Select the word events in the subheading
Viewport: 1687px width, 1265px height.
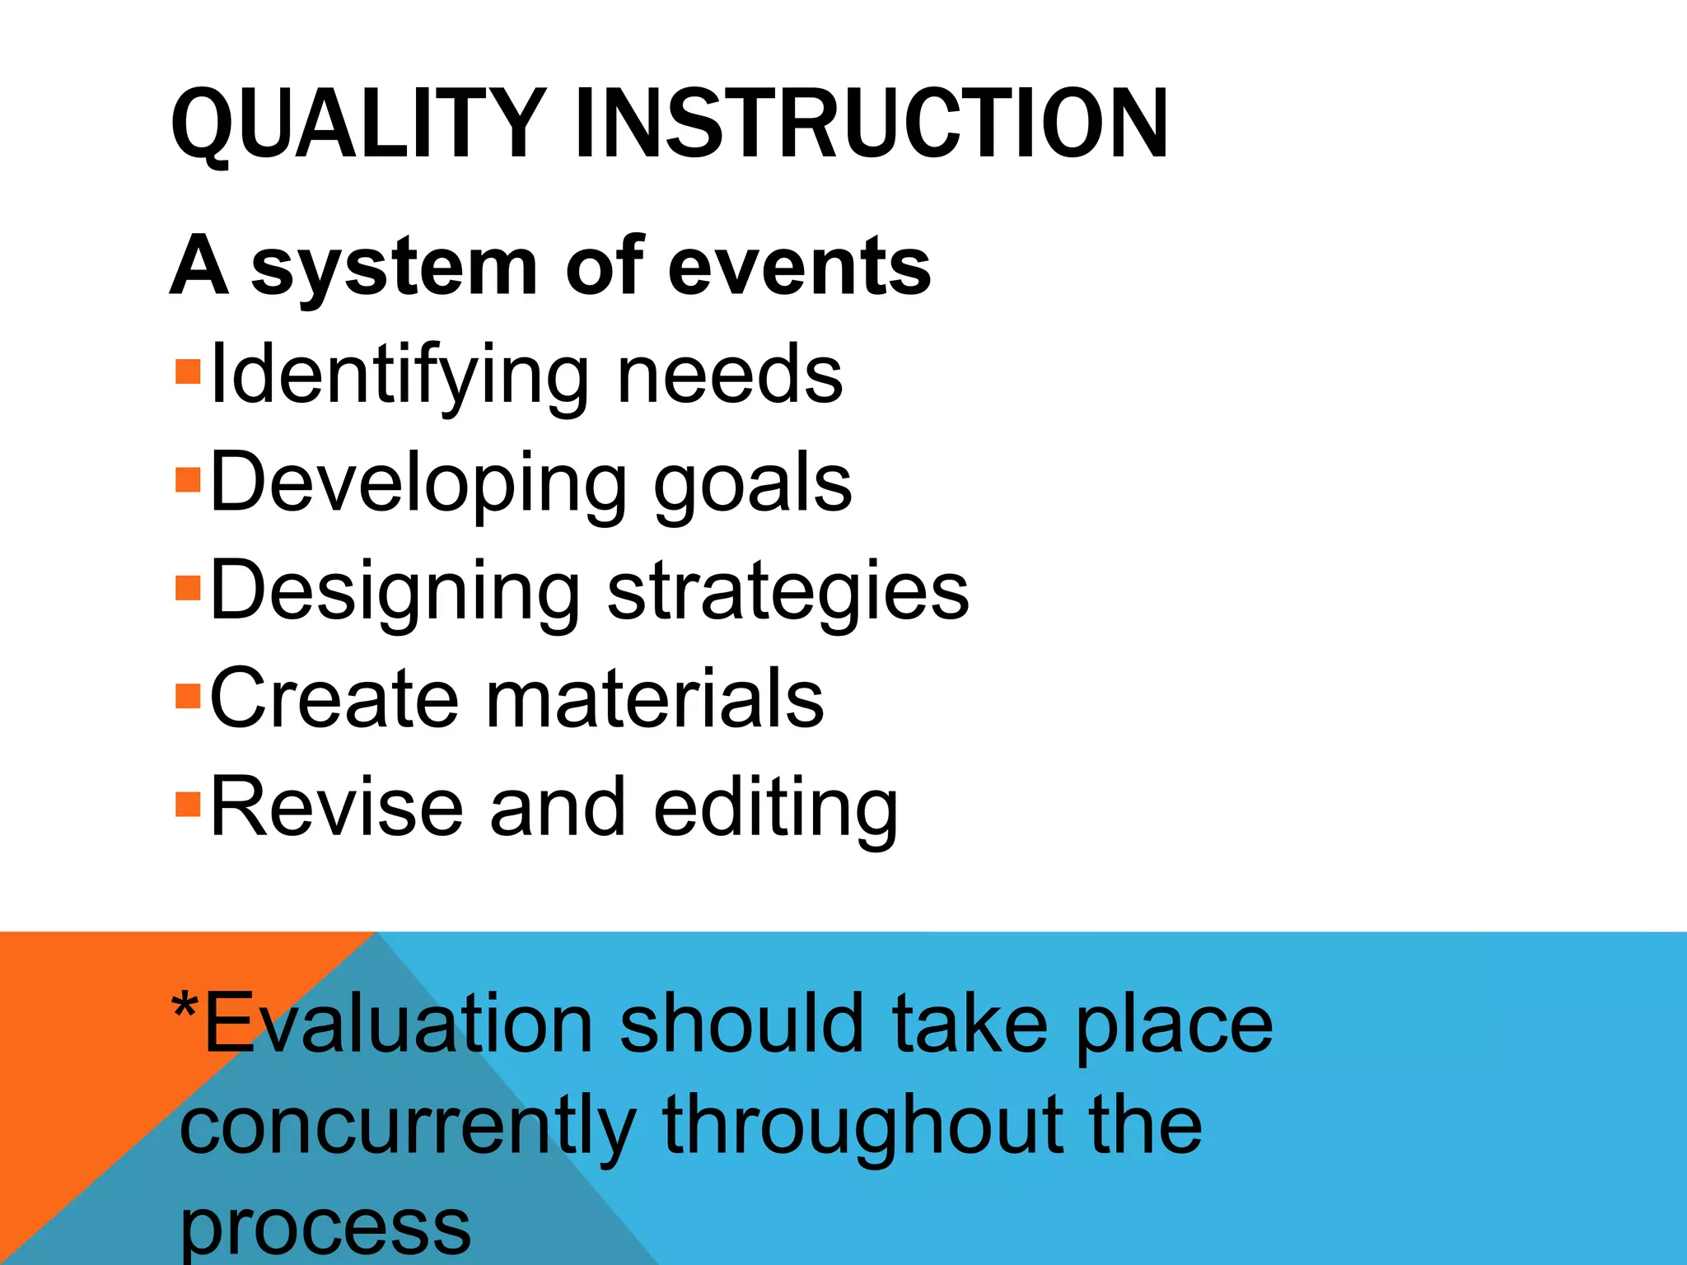[x=798, y=266]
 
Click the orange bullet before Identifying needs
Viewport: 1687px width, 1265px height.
[x=189, y=372]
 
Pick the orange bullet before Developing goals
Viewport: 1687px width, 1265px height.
[x=189, y=480]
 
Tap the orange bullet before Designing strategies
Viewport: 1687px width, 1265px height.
[x=189, y=588]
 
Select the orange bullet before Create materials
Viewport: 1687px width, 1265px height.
[x=189, y=696]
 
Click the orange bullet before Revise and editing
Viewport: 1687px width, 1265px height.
[x=189, y=804]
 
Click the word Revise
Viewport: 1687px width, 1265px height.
[x=336, y=807]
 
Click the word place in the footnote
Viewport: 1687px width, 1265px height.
[x=1173, y=1026]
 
